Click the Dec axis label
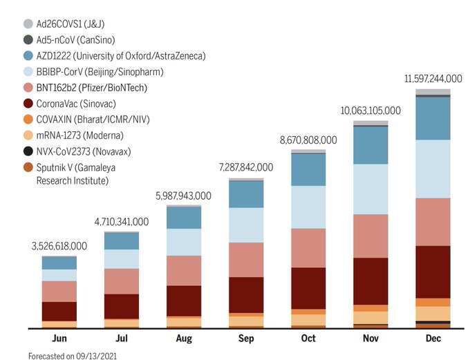(x=433, y=339)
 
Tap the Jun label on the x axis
(x=59, y=339)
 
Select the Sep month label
(x=246, y=339)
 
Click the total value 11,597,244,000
(x=433, y=79)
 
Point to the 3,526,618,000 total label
(x=59, y=246)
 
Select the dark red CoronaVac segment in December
(x=433, y=272)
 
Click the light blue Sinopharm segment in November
(x=370, y=189)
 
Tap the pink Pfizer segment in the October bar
(x=308, y=247)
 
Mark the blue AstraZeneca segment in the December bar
(x=433, y=118)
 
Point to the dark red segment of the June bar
(x=59, y=311)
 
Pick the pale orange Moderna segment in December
(x=433, y=313)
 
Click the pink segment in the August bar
(x=184, y=270)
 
